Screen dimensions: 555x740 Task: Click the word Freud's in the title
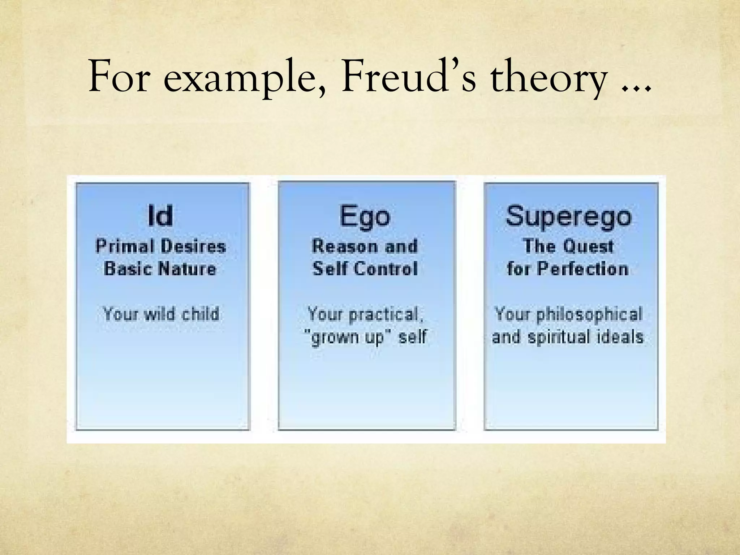click(x=409, y=77)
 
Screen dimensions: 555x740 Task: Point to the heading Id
click(x=160, y=216)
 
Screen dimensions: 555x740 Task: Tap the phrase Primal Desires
click(x=160, y=246)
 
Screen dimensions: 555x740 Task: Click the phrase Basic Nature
click(x=160, y=269)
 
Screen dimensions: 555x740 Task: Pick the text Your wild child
click(x=161, y=314)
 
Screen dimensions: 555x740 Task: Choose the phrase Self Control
click(x=365, y=269)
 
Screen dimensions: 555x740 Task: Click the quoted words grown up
click(x=346, y=337)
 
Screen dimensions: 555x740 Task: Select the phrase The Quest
click(x=568, y=246)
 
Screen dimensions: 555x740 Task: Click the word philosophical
click(x=589, y=314)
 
